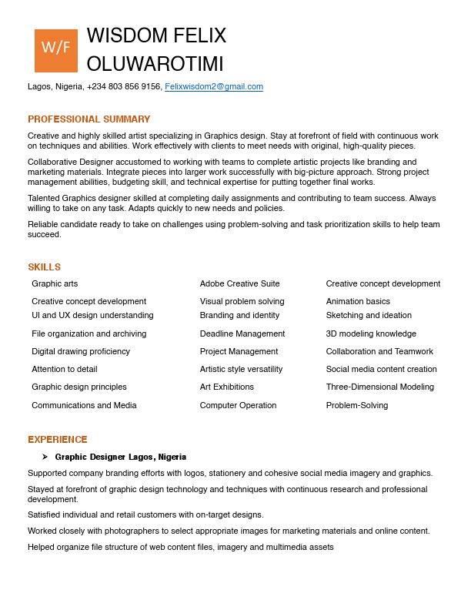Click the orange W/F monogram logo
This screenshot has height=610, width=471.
coord(56,51)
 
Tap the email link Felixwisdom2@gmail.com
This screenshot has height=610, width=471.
coord(214,87)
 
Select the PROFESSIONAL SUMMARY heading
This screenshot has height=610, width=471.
coord(89,119)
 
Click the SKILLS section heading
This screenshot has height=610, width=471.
coord(44,267)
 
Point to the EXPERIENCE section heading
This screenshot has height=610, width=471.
coord(58,440)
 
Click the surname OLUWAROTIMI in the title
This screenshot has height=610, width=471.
coord(155,64)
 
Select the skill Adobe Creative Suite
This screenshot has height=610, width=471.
coord(239,284)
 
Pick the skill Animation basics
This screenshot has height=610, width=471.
coord(358,302)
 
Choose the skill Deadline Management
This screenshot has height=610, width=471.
coord(242,334)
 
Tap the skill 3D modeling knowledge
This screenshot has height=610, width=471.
coord(371,334)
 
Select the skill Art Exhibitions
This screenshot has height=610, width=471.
coord(226,387)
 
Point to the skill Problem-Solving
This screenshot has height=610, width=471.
coord(356,406)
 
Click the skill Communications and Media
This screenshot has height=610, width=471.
coord(84,406)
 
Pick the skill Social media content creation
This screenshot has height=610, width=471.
coord(381,370)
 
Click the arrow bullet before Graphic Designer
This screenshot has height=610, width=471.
coord(45,457)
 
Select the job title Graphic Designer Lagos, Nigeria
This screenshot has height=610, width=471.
coord(120,457)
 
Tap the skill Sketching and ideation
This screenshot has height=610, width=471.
coord(369,316)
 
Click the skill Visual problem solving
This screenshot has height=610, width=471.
coord(242,302)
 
